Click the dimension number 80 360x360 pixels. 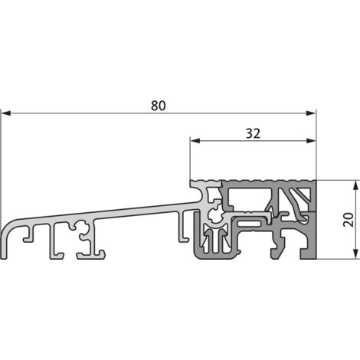coord(158,106)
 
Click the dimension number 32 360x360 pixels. coord(254,133)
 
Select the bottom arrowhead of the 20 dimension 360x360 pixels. coord(355,256)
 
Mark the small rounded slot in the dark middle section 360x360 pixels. coord(253,223)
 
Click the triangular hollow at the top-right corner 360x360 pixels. coord(306,195)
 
